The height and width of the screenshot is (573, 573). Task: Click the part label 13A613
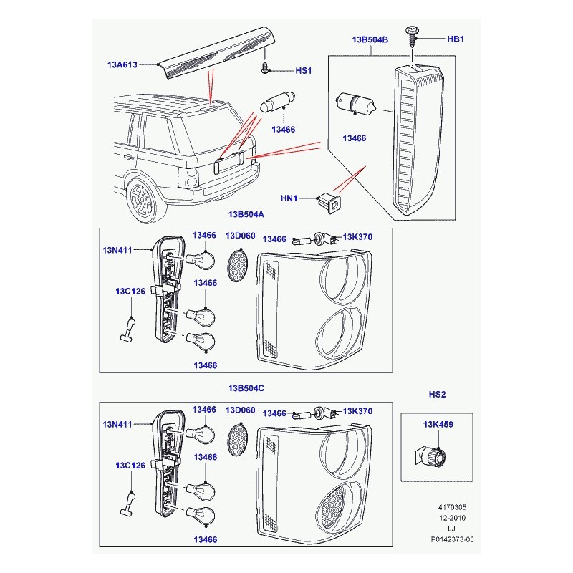pos(123,64)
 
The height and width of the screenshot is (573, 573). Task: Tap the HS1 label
pos(304,71)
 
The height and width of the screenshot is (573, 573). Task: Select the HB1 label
pos(456,39)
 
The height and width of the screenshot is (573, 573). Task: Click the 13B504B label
pos(370,39)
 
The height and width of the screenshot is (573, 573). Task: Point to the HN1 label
pos(289,198)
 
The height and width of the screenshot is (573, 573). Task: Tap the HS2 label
pos(437,395)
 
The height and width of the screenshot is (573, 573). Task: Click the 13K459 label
pos(438,425)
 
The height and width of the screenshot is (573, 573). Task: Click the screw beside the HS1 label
pos(265,68)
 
